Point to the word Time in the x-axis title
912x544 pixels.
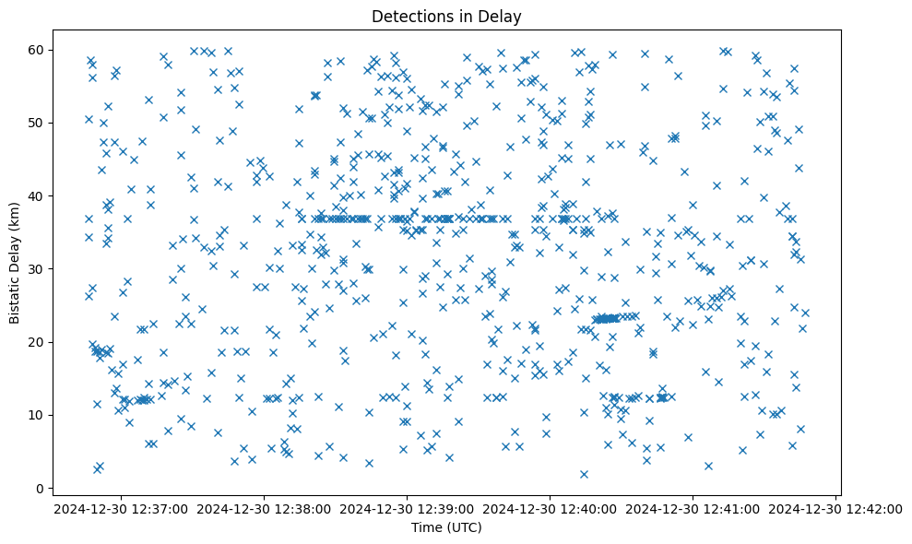(x=427, y=527)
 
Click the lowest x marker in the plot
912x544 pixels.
(x=584, y=474)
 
